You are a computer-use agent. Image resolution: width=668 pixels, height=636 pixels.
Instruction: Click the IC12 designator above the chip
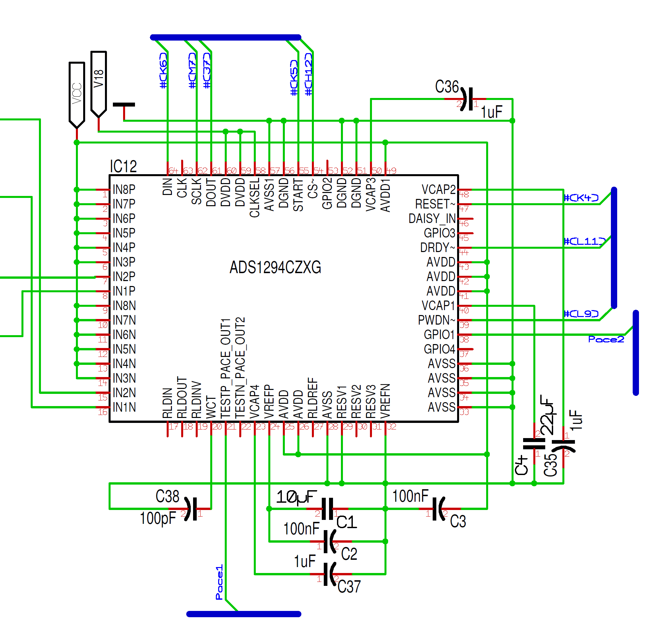click(x=123, y=167)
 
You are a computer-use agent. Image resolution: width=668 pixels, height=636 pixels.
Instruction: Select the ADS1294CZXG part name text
click(x=275, y=268)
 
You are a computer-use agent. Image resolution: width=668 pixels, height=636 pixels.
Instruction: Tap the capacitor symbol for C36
click(x=468, y=99)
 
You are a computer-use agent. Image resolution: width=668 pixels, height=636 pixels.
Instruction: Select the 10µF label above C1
click(x=296, y=497)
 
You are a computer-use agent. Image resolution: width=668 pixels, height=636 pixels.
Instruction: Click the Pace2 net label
click(x=606, y=339)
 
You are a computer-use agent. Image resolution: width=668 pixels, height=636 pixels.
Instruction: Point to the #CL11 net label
click(x=584, y=241)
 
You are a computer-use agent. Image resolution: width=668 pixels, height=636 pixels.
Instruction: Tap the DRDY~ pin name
click(x=437, y=248)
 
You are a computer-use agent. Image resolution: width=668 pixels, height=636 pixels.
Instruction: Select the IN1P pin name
click(x=124, y=291)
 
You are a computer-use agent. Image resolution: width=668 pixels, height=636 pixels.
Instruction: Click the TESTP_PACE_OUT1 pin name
click(x=226, y=368)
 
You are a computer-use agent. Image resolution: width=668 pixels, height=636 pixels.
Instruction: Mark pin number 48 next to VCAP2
click(x=464, y=195)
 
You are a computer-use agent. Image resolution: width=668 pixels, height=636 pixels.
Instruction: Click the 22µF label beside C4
click(x=547, y=415)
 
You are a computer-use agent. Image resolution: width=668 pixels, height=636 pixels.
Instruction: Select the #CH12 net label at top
click(x=308, y=74)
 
